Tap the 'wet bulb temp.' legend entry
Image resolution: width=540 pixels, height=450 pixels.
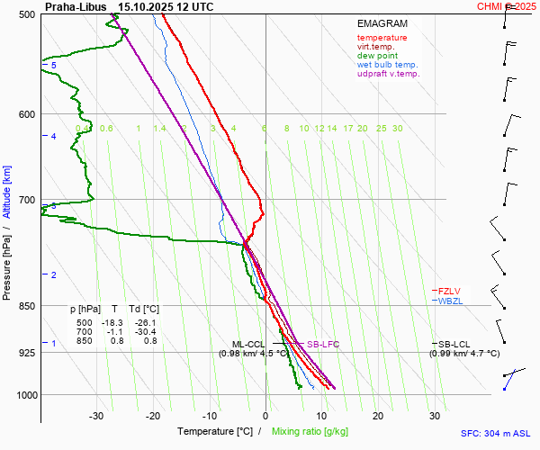tap(387, 65)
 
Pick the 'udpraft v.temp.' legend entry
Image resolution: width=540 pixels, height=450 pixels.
tap(388, 74)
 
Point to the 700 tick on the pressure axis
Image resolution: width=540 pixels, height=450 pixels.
tap(25, 200)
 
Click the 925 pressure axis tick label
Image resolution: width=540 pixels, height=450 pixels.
tap(25, 353)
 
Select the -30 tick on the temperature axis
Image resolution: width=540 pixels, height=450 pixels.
tap(97, 416)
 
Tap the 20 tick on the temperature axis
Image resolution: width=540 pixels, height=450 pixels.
tap(378, 416)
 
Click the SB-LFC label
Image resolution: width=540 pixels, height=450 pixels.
tap(322, 344)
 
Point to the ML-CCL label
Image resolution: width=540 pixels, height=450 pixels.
tap(248, 344)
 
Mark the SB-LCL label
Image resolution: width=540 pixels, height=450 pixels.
tap(456, 344)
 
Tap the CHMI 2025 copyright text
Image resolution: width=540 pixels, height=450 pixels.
tap(508, 6)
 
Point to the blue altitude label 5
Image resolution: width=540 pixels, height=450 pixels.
tap(53, 66)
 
